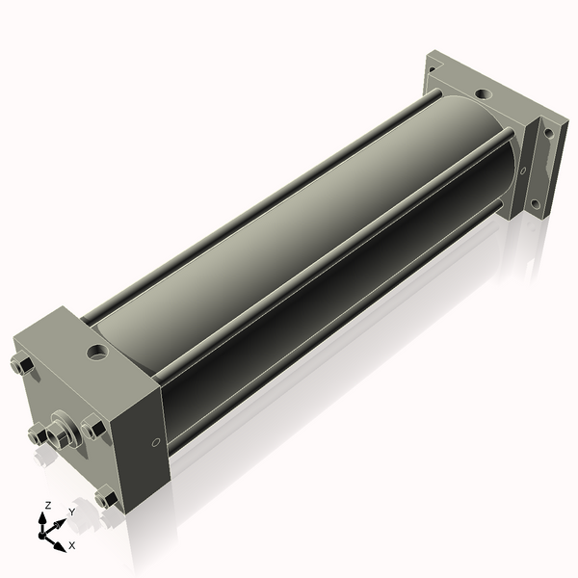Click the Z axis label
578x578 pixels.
point(47,505)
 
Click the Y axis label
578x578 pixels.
point(72,512)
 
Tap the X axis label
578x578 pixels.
point(72,545)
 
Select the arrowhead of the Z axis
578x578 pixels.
point(42,518)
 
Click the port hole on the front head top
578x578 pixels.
point(97,352)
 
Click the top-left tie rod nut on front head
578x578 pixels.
point(22,365)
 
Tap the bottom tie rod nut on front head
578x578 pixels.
point(107,497)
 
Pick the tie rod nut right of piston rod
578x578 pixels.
point(93,428)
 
